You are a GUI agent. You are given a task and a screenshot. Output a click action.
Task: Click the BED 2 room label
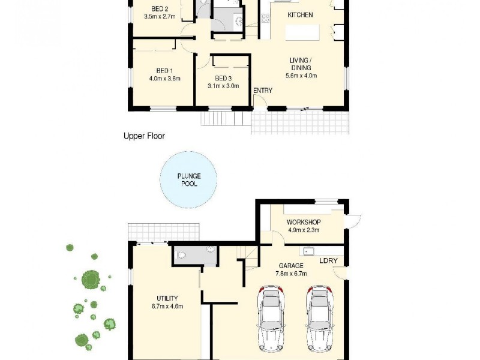pos(159,9)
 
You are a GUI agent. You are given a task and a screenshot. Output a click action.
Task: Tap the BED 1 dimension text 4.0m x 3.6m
pos(164,78)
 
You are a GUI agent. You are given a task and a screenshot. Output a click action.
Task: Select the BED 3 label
pos(223,78)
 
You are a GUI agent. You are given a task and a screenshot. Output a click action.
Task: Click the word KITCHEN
pos(300,14)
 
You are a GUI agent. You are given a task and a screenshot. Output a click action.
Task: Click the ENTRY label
pos(263,91)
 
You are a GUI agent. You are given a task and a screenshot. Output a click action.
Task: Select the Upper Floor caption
pos(144,136)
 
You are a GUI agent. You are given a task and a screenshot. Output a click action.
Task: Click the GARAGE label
pos(291,266)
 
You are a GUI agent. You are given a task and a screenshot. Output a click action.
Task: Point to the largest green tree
pos(91,279)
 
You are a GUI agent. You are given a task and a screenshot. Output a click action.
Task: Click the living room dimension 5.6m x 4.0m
pos(299,76)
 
